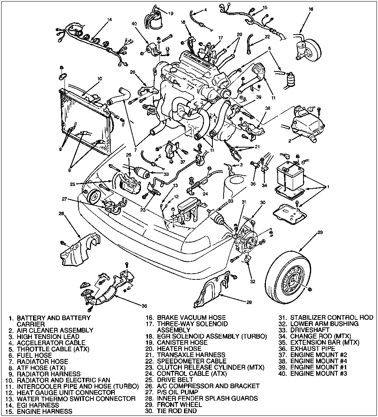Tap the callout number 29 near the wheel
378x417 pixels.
[x=319, y=232]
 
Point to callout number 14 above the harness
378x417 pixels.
[x=109, y=19]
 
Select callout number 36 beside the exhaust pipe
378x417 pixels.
[x=144, y=306]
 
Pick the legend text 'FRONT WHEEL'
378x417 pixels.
[x=179, y=405]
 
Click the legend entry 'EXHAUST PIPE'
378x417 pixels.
[x=313, y=349]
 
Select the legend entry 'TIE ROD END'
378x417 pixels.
[x=177, y=411]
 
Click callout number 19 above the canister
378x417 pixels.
[x=171, y=13]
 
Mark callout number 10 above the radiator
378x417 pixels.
[x=99, y=78]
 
